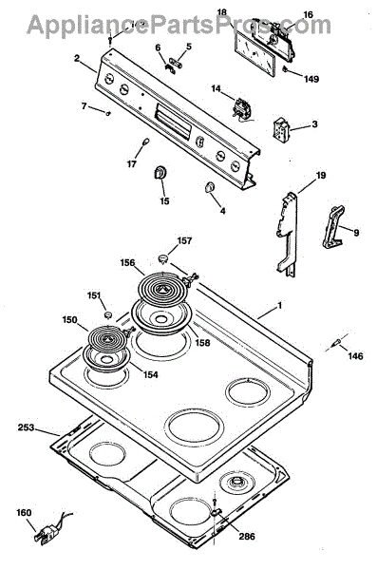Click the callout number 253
[x=26, y=427]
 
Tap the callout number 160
[x=24, y=513]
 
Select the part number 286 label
[x=247, y=536]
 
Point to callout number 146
[x=355, y=356]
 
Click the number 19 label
[x=321, y=176]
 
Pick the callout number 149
[x=311, y=79]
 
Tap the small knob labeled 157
[x=164, y=257]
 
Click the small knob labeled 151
[x=108, y=313]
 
